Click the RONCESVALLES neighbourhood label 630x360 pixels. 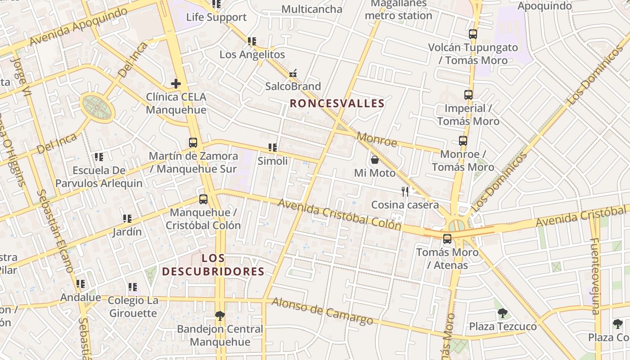(x=337, y=103)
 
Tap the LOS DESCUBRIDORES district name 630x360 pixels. (x=213, y=265)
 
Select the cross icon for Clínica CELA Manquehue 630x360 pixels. (x=176, y=84)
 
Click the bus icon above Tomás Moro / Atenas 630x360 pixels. (x=447, y=239)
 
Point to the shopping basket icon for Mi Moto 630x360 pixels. (x=374, y=160)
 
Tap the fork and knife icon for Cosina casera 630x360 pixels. (x=405, y=192)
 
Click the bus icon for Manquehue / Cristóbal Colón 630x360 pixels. (x=203, y=199)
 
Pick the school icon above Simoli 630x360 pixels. (x=272, y=148)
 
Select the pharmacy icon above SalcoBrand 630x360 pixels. (x=293, y=73)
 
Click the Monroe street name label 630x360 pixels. (x=377, y=139)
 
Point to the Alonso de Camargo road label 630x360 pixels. (x=322, y=311)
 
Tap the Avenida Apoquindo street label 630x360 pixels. (x=79, y=26)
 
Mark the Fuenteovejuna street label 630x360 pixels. (x=595, y=275)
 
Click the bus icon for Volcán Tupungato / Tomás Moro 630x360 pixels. (x=472, y=34)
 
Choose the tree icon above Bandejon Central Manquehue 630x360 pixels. (x=220, y=315)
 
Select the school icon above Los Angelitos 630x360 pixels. (x=252, y=41)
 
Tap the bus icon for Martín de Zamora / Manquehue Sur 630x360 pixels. (x=193, y=143)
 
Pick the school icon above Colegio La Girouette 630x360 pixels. (x=133, y=287)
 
